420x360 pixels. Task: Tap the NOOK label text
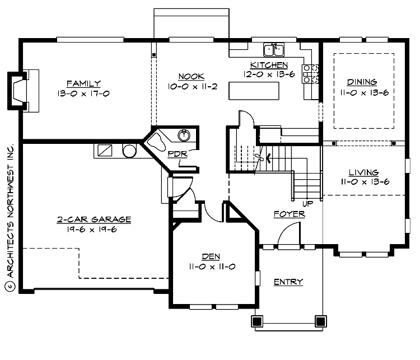[192, 77]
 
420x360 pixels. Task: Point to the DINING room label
[362, 82]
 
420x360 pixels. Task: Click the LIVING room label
[363, 172]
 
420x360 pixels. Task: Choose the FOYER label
[289, 214]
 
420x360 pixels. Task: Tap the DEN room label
[211, 256]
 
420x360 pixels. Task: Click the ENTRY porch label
[288, 282]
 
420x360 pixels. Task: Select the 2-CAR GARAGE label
[94, 219]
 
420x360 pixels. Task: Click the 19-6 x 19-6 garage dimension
[94, 230]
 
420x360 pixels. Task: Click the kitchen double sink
[274, 50]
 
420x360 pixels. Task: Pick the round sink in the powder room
[184, 135]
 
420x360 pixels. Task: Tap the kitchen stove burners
[310, 74]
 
